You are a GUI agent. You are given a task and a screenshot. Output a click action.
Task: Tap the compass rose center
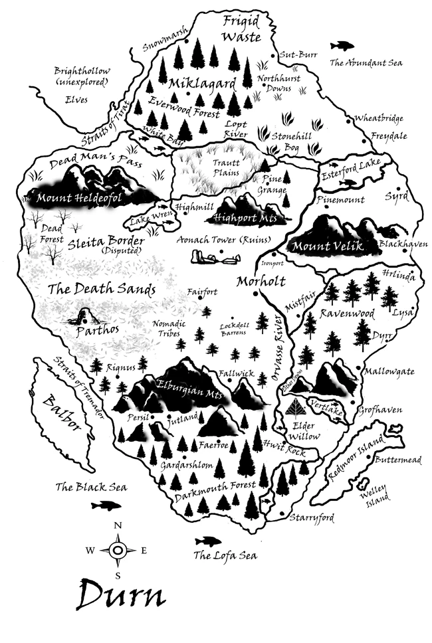tap(118, 551)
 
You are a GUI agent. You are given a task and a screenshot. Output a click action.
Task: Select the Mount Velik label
tap(327, 246)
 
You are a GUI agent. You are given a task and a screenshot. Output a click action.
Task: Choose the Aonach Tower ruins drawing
tap(220, 257)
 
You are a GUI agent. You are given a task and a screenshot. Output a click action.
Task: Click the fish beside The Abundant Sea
tap(343, 46)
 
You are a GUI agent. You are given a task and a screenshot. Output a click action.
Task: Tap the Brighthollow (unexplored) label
tap(82, 76)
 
